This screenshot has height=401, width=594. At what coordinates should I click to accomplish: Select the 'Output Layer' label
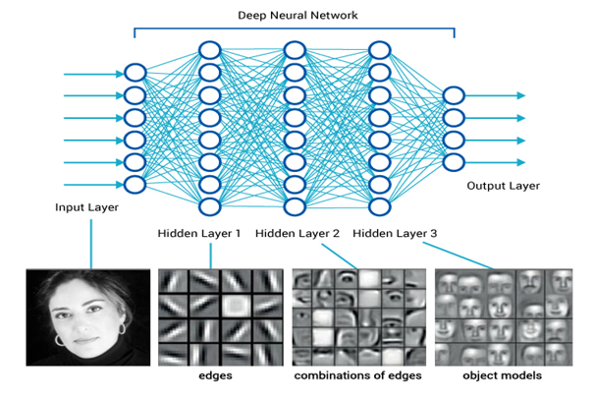click(x=504, y=186)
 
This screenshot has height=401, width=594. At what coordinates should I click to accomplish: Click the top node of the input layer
click(x=135, y=73)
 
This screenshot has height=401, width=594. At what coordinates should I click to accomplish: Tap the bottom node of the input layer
click(x=135, y=184)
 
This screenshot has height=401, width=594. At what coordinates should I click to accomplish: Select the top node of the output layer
click(x=453, y=95)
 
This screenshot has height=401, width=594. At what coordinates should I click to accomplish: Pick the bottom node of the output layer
click(x=453, y=162)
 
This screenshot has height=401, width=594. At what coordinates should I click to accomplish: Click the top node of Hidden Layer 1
click(x=209, y=50)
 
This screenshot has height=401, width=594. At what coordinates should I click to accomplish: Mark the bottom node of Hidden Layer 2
click(x=294, y=206)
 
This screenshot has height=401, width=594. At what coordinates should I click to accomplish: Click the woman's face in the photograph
click(x=87, y=315)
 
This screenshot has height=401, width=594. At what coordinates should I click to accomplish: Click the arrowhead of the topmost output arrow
click(x=520, y=95)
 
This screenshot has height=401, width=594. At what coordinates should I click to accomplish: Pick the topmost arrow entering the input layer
click(x=93, y=74)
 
